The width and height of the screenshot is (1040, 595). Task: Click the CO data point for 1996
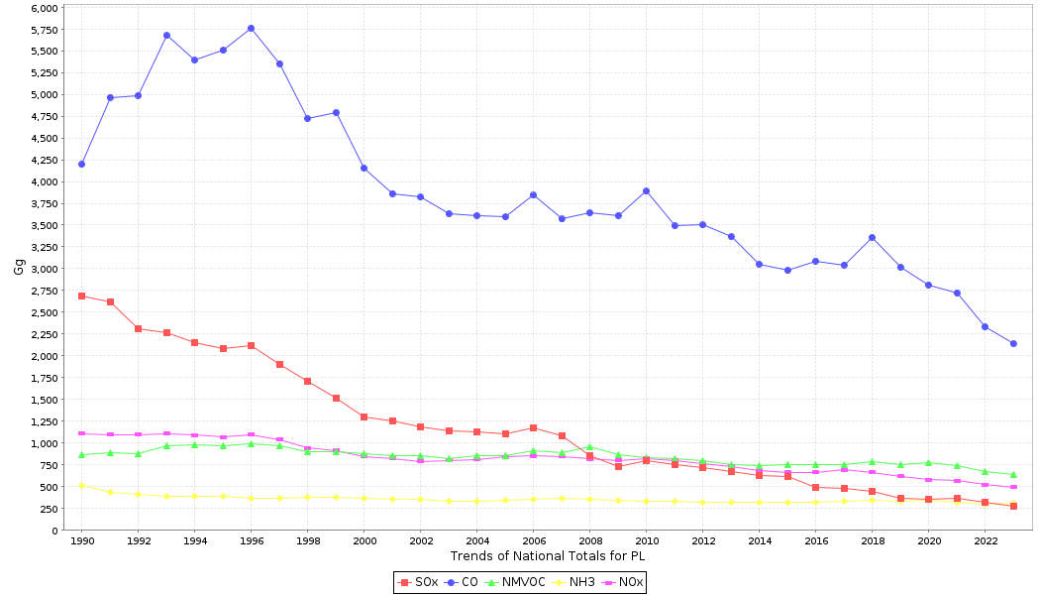251,28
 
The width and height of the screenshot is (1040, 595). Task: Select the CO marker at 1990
81,164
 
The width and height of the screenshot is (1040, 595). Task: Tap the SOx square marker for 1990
81,296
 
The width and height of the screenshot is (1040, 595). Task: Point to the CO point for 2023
1013,343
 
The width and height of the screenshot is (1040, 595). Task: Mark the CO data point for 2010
646,190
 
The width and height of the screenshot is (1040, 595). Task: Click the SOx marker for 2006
533,427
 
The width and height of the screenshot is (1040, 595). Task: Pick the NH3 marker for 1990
81,485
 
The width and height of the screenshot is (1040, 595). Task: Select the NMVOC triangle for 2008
589,447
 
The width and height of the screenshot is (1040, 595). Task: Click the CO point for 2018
872,237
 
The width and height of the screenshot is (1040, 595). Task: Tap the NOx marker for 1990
81,433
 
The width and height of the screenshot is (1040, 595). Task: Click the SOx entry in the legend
420,582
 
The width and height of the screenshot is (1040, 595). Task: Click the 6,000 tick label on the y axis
44,8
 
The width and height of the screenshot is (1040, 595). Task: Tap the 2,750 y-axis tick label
44,291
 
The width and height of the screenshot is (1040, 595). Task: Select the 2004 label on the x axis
476,541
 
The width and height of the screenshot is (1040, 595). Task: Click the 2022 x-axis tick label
985,541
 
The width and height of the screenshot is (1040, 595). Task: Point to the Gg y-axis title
19,267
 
